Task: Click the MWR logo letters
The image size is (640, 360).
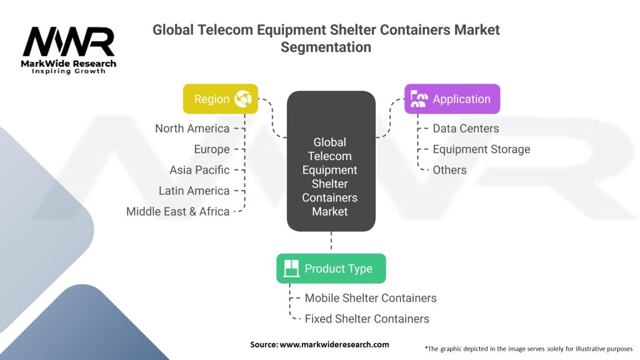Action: pyautogui.click(x=69, y=42)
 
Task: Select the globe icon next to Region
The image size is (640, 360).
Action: pyautogui.click(x=242, y=99)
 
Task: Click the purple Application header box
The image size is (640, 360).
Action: pyautogui.click(x=452, y=99)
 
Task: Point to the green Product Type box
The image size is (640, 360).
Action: pyautogui.click(x=331, y=269)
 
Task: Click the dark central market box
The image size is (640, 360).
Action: pyautogui.click(x=331, y=161)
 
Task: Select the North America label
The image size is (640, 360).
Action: pyautogui.click(x=192, y=128)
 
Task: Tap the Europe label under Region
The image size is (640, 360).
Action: pyautogui.click(x=212, y=149)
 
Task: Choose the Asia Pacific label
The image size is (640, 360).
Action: pyautogui.click(x=199, y=170)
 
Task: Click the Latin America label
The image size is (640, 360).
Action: pyautogui.click(x=194, y=191)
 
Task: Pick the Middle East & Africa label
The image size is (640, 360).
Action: pyautogui.click(x=177, y=211)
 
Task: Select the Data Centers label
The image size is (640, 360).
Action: pyautogui.click(x=466, y=128)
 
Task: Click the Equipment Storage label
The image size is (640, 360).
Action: pyautogui.click(x=481, y=149)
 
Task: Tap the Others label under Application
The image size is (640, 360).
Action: pyautogui.click(x=449, y=170)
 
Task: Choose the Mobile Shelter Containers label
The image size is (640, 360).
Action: pyautogui.click(x=371, y=298)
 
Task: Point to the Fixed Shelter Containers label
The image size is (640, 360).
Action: pyautogui.click(x=367, y=319)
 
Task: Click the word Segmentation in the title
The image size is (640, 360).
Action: pyautogui.click(x=326, y=47)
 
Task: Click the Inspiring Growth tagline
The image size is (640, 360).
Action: pyautogui.click(x=69, y=71)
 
